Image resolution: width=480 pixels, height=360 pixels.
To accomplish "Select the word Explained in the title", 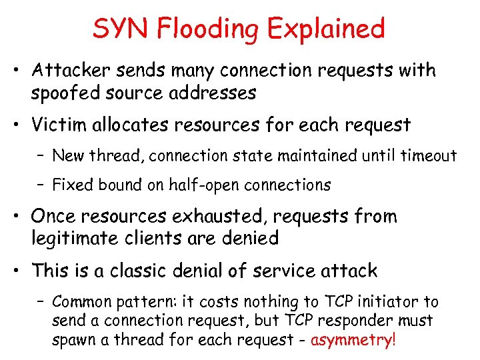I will click(x=325, y=30).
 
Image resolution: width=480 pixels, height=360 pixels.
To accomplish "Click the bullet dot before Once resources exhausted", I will click(x=21, y=217).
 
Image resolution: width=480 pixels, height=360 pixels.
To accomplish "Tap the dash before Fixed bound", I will click(x=42, y=185).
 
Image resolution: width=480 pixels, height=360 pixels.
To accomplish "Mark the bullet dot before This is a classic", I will click(x=21, y=271).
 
